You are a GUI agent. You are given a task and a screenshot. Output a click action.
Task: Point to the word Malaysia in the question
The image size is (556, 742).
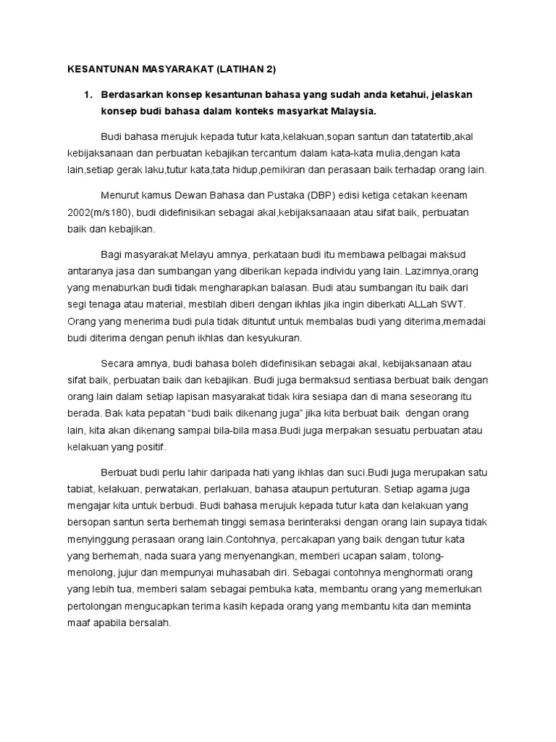[x=353, y=112]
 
